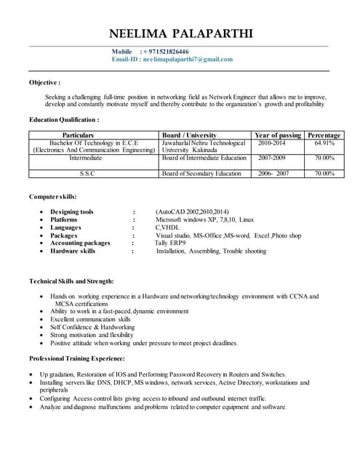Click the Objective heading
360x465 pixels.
pos(44,82)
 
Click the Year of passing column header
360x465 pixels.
pos(278,135)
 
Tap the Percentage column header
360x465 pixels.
pos(324,135)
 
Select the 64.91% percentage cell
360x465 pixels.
pos(324,143)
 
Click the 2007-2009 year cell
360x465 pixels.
pos(271,158)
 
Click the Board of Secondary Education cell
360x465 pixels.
pos(201,174)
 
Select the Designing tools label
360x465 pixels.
pos(72,211)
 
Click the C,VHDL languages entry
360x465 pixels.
pos(169,227)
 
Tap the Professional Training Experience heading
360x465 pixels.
pos(76,358)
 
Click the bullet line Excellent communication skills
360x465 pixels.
pos(90,319)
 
